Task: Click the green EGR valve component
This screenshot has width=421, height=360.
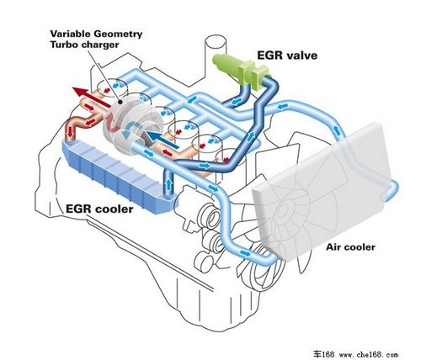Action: click(x=242, y=70)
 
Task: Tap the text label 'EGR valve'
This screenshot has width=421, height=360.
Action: click(x=287, y=56)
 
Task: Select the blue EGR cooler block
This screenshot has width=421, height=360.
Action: click(x=119, y=176)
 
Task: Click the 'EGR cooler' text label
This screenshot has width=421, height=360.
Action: click(x=99, y=209)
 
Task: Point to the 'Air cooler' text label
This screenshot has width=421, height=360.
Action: click(x=350, y=247)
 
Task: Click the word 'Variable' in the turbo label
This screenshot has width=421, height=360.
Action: click(x=71, y=34)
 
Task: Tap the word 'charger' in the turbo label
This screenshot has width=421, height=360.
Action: click(x=100, y=45)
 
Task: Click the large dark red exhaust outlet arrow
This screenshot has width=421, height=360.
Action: click(x=92, y=98)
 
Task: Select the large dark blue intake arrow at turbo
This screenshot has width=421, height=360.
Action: click(x=163, y=140)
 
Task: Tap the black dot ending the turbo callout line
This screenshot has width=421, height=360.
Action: click(x=120, y=102)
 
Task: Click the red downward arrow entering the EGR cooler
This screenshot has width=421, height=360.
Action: click(x=70, y=131)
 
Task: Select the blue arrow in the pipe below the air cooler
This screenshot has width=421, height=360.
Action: click(x=245, y=253)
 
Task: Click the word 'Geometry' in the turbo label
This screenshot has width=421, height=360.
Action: click(x=118, y=34)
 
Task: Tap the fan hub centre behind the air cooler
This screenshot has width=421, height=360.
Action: click(x=282, y=210)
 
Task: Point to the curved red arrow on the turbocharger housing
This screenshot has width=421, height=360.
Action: click(x=113, y=124)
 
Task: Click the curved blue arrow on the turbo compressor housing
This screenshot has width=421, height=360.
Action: click(x=131, y=130)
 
